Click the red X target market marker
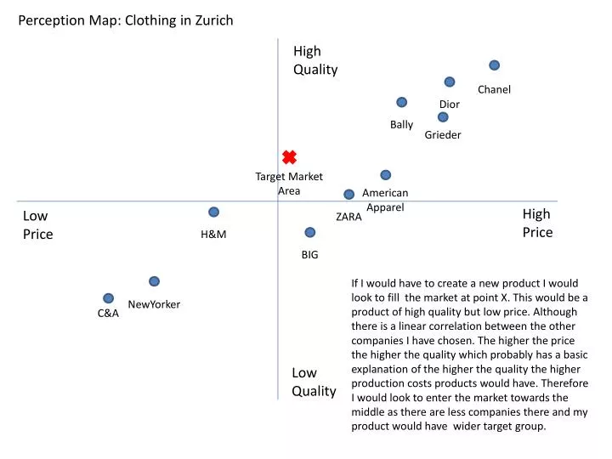click(x=289, y=156)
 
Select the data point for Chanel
click(x=494, y=65)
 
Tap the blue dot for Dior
click(x=449, y=82)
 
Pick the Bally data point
click(x=401, y=102)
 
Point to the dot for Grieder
click(x=443, y=117)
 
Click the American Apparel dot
click(x=385, y=175)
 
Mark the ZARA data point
click(x=348, y=195)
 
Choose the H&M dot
click(x=213, y=212)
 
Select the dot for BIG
click(x=310, y=232)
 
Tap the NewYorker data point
click(x=154, y=281)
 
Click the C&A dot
click(x=108, y=298)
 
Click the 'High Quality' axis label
click(x=315, y=60)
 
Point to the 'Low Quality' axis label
click(x=314, y=382)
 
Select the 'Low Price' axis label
click(x=37, y=224)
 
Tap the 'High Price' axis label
click(x=537, y=223)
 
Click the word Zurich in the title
click(x=212, y=20)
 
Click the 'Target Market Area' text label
click(x=289, y=184)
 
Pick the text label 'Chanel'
click(x=494, y=89)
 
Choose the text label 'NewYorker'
click(x=154, y=304)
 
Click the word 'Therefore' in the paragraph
click(x=564, y=383)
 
